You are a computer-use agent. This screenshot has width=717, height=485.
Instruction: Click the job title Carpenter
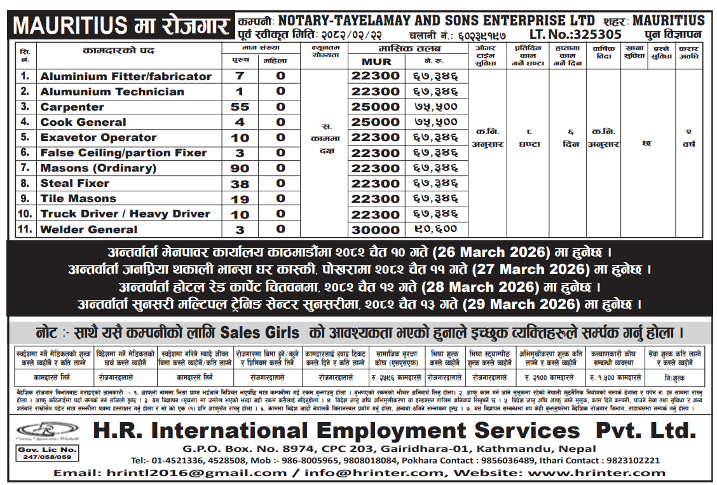click(72, 107)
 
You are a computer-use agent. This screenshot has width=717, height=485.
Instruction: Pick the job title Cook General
click(83, 122)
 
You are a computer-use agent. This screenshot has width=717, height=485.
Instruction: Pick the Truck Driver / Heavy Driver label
click(125, 214)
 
